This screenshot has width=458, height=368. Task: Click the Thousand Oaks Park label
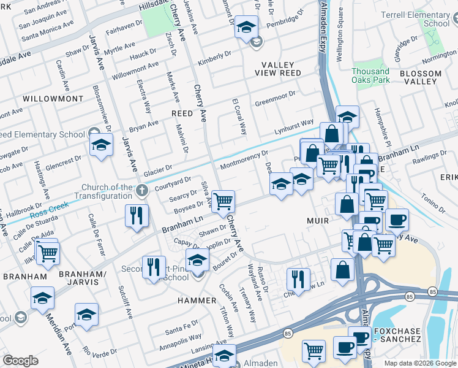click(370, 75)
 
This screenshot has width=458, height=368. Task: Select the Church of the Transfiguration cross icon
click(142, 190)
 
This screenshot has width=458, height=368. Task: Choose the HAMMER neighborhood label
click(197, 301)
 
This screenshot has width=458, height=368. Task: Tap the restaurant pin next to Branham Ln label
click(135, 215)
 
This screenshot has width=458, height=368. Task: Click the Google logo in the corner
click(20, 361)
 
